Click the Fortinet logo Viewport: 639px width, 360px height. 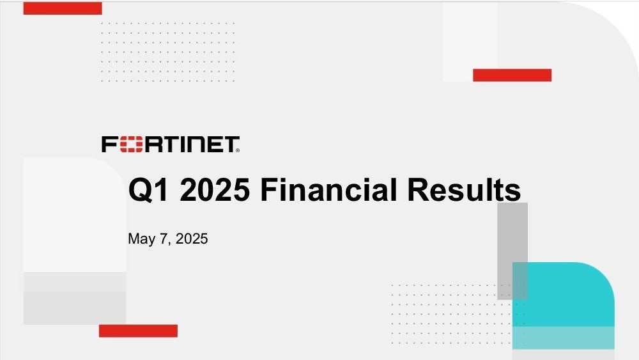click(171, 145)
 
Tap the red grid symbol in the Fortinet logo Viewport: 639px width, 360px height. click(132, 145)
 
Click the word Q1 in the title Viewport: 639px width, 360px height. click(148, 190)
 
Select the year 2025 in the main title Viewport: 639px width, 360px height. click(214, 189)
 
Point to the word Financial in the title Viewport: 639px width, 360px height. click(328, 189)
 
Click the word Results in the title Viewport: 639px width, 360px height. click(464, 189)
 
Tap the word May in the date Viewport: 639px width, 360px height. click(141, 239)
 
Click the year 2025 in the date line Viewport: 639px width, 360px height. click(192, 239)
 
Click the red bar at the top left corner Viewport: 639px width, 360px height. click(63, 8)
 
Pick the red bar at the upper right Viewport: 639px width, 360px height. click(512, 75)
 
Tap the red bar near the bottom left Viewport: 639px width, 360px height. click(138, 331)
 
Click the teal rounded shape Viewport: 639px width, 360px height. click(563, 306)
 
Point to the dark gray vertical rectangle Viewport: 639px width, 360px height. click(512, 251)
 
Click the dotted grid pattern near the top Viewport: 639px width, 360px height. click(167, 52)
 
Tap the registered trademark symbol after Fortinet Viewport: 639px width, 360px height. click(238, 150)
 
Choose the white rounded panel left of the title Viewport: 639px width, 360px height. click(75, 214)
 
